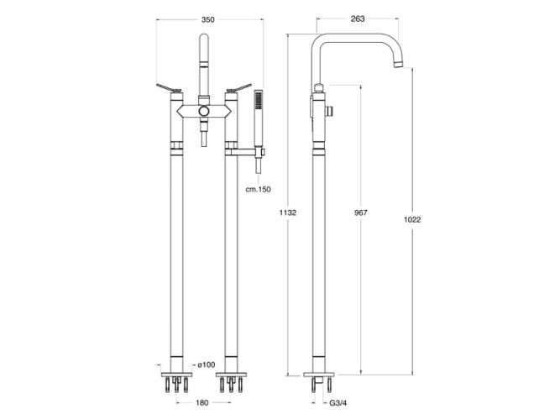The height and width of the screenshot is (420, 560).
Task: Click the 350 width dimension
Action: (208, 19)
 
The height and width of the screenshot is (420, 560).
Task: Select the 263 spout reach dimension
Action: (358, 18)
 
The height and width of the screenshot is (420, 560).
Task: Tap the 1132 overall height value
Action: (287, 213)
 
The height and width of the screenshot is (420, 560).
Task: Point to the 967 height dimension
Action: (361, 213)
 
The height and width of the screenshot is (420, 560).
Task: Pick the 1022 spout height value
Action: (412, 219)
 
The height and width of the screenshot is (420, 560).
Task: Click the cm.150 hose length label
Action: (259, 189)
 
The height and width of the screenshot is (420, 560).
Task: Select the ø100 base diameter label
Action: (206, 365)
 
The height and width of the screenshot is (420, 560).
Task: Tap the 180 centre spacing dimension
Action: (201, 403)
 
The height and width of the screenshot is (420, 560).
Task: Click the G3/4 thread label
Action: (338, 403)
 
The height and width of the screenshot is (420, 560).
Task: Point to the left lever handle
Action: (169, 87)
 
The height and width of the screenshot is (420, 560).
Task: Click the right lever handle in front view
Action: (239, 87)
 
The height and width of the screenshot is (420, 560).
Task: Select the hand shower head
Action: (259, 100)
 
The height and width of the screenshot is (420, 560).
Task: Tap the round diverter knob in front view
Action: (204, 111)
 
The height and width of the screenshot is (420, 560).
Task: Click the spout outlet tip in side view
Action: (399, 65)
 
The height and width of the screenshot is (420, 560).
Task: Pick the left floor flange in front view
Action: (176, 375)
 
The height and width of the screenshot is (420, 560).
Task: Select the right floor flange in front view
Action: (232, 375)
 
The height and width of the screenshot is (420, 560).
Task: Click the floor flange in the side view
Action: (319, 375)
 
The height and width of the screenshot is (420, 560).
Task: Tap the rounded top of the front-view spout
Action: (204, 39)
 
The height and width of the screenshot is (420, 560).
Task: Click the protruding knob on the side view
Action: (330, 111)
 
